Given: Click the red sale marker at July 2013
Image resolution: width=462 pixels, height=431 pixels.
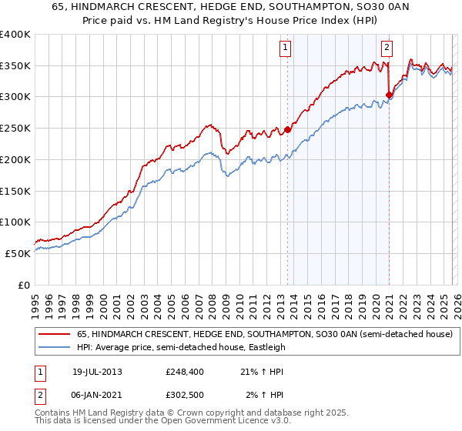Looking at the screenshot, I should (x=287, y=129).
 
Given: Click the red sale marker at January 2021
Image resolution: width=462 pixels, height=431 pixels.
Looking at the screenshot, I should (x=389, y=95).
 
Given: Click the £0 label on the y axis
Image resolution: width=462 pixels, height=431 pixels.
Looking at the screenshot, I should (x=23, y=285).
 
